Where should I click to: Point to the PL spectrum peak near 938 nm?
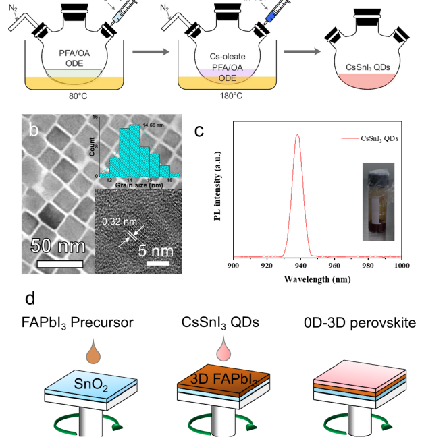(x=297, y=135)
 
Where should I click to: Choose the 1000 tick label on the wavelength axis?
(x=401, y=266)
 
